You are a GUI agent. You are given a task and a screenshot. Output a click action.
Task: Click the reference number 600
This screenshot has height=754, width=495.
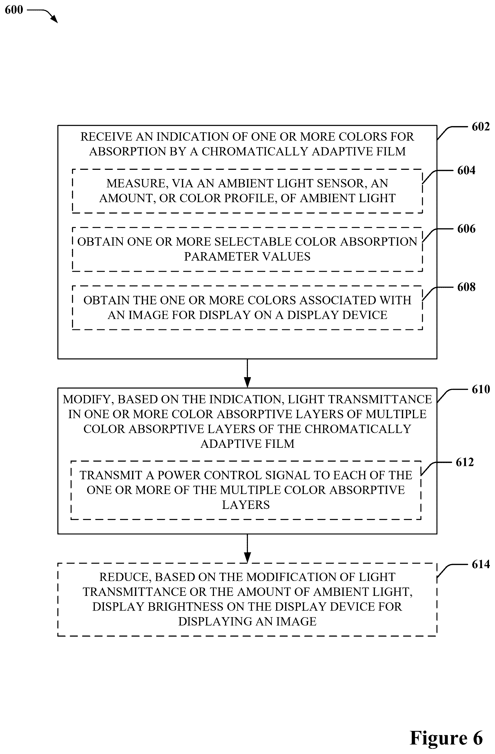pyautogui.click(x=14, y=10)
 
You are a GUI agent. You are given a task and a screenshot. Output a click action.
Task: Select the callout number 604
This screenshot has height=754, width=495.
pyautogui.click(x=466, y=170)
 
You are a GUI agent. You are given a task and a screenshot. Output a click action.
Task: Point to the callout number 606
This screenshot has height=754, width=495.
pyautogui.click(x=466, y=229)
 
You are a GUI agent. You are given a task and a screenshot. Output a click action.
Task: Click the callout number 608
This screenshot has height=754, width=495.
pyautogui.click(x=466, y=287)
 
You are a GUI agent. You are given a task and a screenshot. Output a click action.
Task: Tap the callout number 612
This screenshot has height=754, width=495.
pyautogui.click(x=465, y=462)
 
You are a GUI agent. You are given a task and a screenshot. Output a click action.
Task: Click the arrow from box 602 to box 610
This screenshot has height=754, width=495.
pyautogui.click(x=248, y=373)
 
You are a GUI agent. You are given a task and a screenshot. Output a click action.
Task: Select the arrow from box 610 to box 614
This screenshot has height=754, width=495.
pyautogui.click(x=248, y=548)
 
